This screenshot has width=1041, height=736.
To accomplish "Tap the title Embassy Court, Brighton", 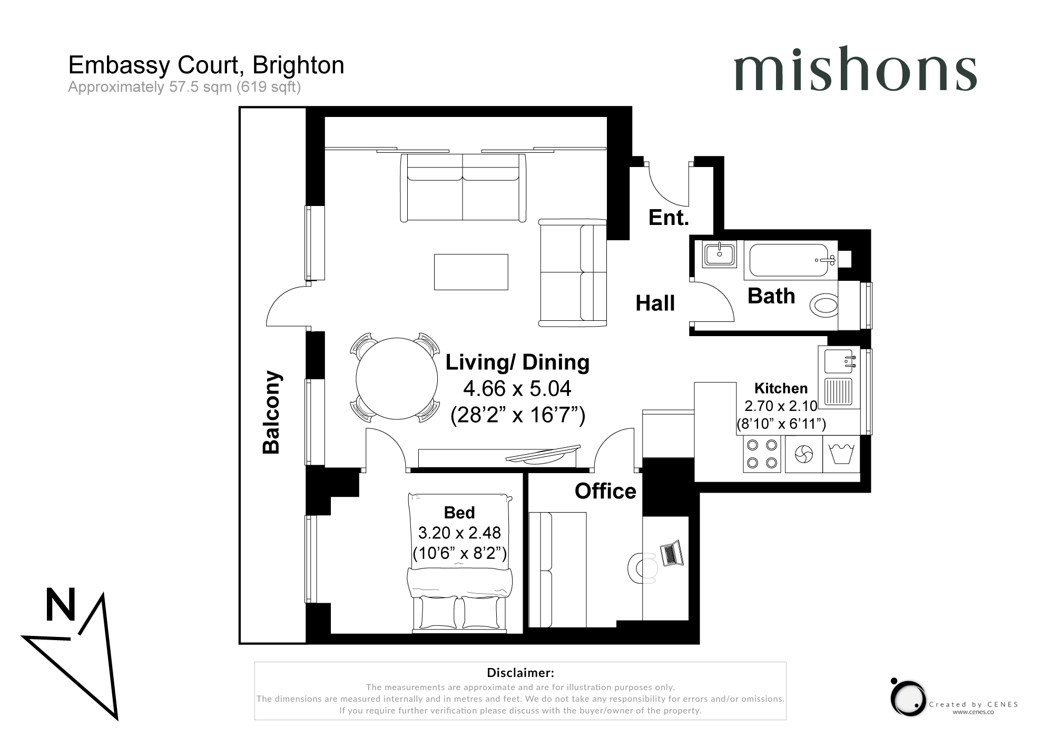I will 206,65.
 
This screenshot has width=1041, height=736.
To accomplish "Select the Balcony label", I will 272,412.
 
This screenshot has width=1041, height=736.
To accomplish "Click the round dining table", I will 397,378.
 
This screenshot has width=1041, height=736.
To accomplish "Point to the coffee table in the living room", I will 471,272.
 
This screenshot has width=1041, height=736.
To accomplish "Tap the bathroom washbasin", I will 720,254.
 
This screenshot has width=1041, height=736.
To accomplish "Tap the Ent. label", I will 669,217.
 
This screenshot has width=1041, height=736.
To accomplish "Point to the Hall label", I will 655,303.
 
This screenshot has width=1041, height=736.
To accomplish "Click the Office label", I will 605,491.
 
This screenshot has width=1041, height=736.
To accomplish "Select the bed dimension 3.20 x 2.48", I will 459,533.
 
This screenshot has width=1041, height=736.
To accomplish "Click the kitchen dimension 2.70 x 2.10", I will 780,406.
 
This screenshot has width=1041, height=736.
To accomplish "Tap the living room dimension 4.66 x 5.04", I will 517,389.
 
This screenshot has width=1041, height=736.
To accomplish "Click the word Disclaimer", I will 520,672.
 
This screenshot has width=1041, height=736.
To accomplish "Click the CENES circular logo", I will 908,698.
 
